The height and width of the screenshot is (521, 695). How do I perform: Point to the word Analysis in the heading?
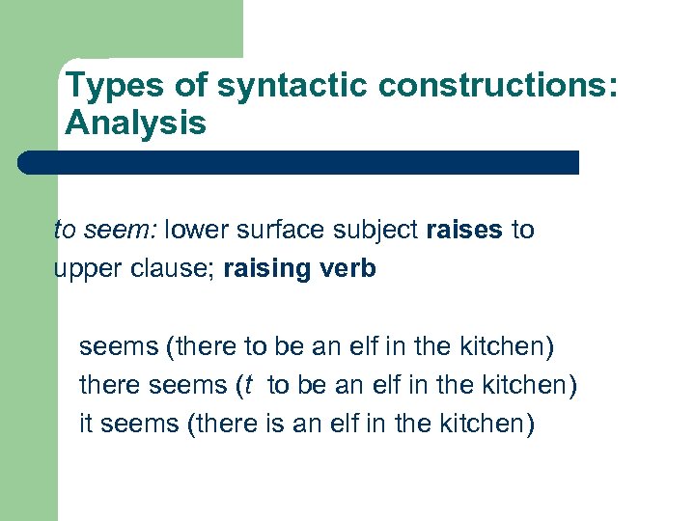(135, 123)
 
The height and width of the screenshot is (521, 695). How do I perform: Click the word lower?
(196, 230)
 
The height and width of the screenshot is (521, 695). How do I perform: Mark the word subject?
(372, 231)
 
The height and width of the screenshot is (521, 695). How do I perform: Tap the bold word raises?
(464, 230)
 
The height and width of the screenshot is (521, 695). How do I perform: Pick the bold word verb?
(351, 268)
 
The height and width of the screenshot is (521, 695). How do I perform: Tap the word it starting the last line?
(85, 423)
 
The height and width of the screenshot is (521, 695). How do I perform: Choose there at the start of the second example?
(109, 385)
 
